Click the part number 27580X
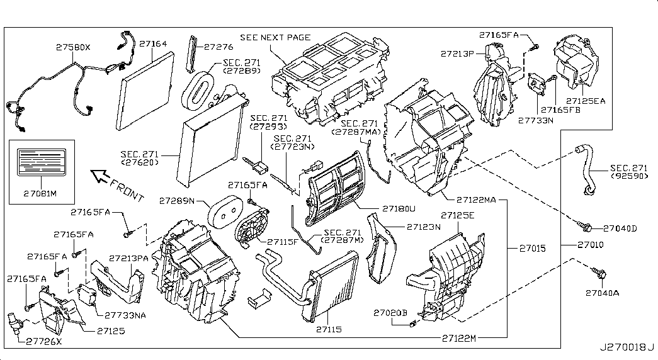pyautogui.click(x=73, y=47)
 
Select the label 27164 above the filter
pyautogui.click(x=154, y=45)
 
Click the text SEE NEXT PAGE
pyautogui.click(x=276, y=37)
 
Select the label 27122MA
pyautogui.click(x=477, y=200)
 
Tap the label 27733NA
pyautogui.click(x=125, y=315)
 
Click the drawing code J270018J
pyautogui.click(x=627, y=347)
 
